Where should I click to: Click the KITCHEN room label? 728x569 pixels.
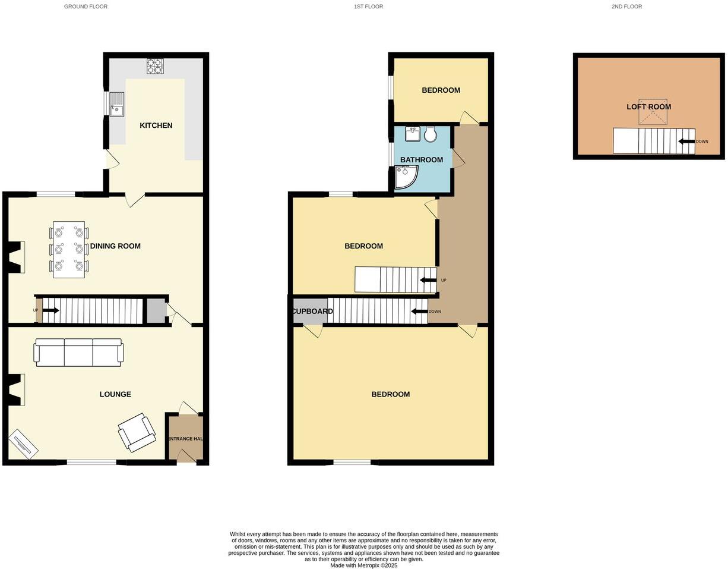coord(156,125)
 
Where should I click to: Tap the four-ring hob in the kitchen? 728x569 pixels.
coord(155,66)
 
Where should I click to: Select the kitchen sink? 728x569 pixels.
coord(116,104)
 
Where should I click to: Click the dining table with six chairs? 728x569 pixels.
coord(69,250)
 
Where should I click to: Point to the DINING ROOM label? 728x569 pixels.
coord(115,246)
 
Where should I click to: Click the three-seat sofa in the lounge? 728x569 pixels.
coord(78,353)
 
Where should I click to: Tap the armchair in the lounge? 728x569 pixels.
coord(137,432)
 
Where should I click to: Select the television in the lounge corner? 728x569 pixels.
coord(23,444)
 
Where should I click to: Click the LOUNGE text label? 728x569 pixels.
coord(115,394)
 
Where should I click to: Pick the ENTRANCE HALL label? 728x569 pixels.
coord(185,439)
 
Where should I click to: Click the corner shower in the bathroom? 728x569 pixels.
coord(406,177)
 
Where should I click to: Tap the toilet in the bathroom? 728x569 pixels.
coord(431,134)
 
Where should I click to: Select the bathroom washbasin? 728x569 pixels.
coord(413,134)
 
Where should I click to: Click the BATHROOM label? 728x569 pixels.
coord(422,160)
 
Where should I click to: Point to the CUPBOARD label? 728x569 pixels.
coord(312,312)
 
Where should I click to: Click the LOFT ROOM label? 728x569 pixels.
coord(648,107)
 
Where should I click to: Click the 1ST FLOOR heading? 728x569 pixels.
coord(368,7)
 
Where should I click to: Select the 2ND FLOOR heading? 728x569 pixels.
coord(626,7)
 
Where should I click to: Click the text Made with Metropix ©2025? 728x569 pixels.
coord(364,565)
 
